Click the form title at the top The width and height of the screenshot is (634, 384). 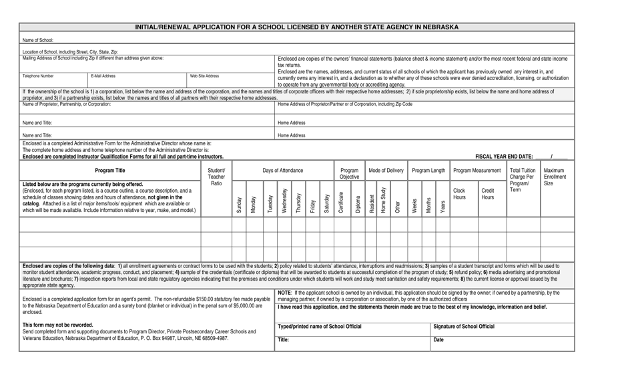(297, 27)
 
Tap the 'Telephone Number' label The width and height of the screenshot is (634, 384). (38, 76)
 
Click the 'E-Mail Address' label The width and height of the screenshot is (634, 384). (103, 76)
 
